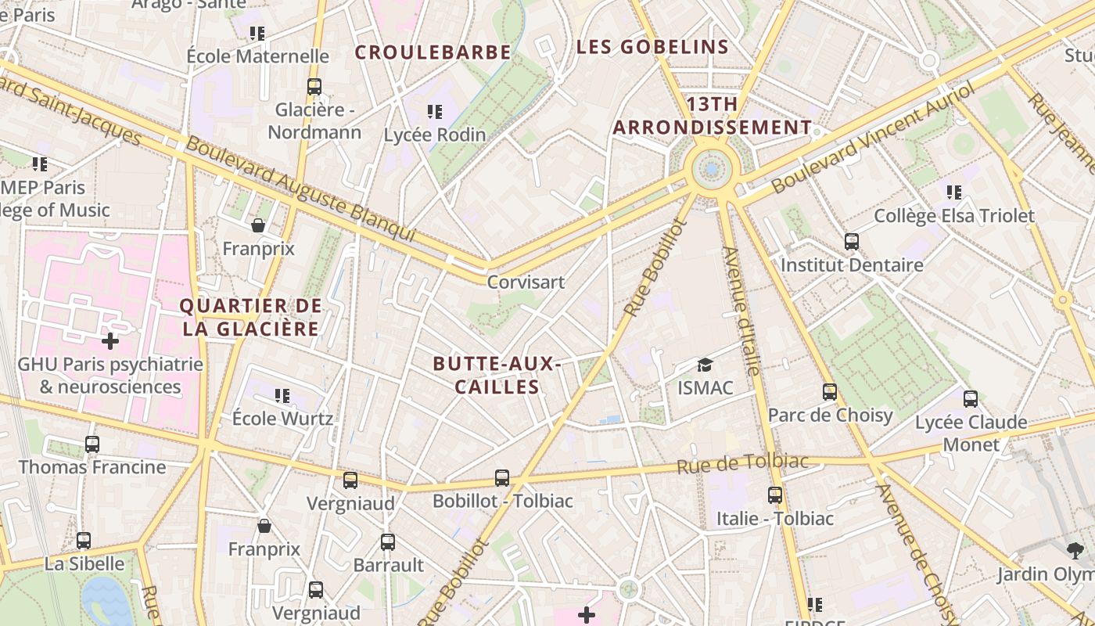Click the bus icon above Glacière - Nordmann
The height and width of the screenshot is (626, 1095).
click(x=314, y=87)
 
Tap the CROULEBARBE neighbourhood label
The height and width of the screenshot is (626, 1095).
click(x=433, y=52)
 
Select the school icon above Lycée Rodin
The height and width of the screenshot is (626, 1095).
click(x=435, y=112)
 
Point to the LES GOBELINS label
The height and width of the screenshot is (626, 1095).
click(x=652, y=47)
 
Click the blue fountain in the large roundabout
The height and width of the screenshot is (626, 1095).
click(x=711, y=168)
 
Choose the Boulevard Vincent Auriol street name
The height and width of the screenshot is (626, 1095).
click(x=873, y=139)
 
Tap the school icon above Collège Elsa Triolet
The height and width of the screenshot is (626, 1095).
click(x=953, y=192)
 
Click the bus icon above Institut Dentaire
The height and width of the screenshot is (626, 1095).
click(x=852, y=242)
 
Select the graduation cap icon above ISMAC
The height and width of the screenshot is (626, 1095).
click(x=705, y=365)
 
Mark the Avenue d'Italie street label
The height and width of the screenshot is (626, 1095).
click(x=741, y=311)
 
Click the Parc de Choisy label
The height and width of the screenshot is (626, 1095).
click(x=830, y=415)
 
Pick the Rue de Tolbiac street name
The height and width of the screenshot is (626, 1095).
click(x=742, y=463)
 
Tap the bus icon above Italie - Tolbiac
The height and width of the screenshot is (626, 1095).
click(x=774, y=495)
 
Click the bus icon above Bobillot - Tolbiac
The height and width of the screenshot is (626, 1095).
click(x=502, y=477)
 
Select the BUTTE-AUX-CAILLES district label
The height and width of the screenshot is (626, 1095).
click(x=497, y=375)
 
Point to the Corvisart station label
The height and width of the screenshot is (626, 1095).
click(x=526, y=282)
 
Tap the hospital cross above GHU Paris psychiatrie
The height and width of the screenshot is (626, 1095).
click(x=110, y=341)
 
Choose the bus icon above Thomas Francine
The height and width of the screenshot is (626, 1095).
click(x=92, y=444)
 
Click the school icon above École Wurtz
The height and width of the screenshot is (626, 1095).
click(x=282, y=396)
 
